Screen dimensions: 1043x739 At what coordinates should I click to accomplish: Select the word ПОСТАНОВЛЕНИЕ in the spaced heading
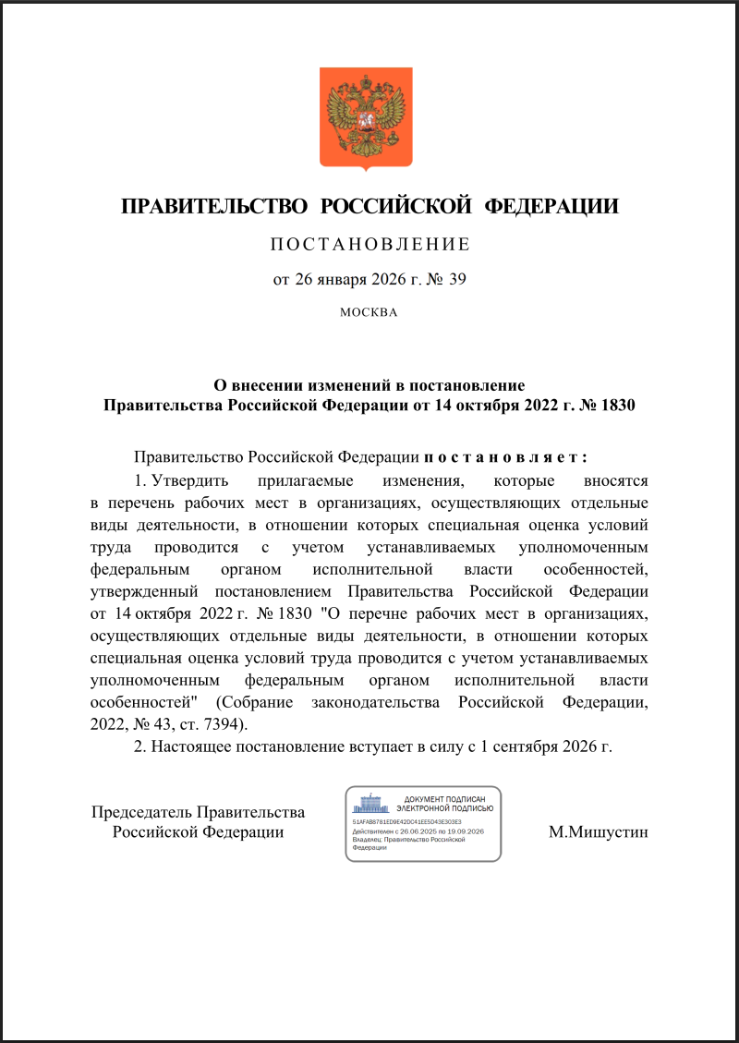(369, 245)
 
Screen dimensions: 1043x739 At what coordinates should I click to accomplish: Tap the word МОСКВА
(369, 312)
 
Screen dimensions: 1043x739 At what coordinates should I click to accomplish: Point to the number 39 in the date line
(457, 279)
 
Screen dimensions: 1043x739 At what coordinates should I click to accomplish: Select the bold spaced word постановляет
(506, 457)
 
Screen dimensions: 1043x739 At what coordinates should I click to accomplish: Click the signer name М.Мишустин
(598, 832)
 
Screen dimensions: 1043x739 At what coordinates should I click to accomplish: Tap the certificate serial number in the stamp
(407, 820)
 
